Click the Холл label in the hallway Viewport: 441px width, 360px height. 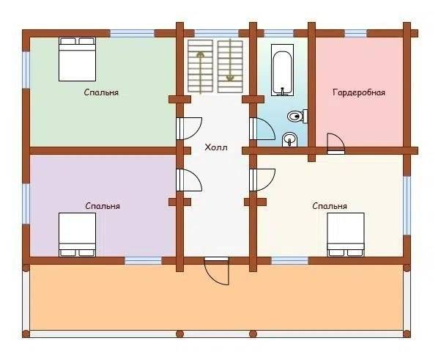tap(215, 147)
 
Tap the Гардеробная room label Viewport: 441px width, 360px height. tap(359, 92)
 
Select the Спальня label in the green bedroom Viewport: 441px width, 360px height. tap(101, 92)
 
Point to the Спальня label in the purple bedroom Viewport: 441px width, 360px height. tap(103, 206)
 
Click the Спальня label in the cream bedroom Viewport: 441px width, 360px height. tap(330, 206)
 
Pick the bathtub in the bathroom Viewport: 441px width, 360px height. tap(282, 70)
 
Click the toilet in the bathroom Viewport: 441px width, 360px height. tap(297, 116)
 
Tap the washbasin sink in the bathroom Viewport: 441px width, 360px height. tap(289, 139)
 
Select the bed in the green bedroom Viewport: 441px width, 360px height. tap(77, 59)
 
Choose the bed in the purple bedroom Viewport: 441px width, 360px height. tap(77, 235)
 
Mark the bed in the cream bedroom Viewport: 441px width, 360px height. tap(346, 235)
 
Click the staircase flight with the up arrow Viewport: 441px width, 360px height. tap(200, 66)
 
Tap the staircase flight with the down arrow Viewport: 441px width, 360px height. tap(230, 66)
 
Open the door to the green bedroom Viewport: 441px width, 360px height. tap(189, 128)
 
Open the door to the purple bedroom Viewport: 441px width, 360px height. tap(189, 180)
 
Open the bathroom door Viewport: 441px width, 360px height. tap(262, 128)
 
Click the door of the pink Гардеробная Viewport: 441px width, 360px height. tap(336, 144)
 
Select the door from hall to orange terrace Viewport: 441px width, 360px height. tap(217, 271)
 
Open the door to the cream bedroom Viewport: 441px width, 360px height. tap(262, 180)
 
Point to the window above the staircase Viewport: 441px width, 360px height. tap(217, 34)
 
